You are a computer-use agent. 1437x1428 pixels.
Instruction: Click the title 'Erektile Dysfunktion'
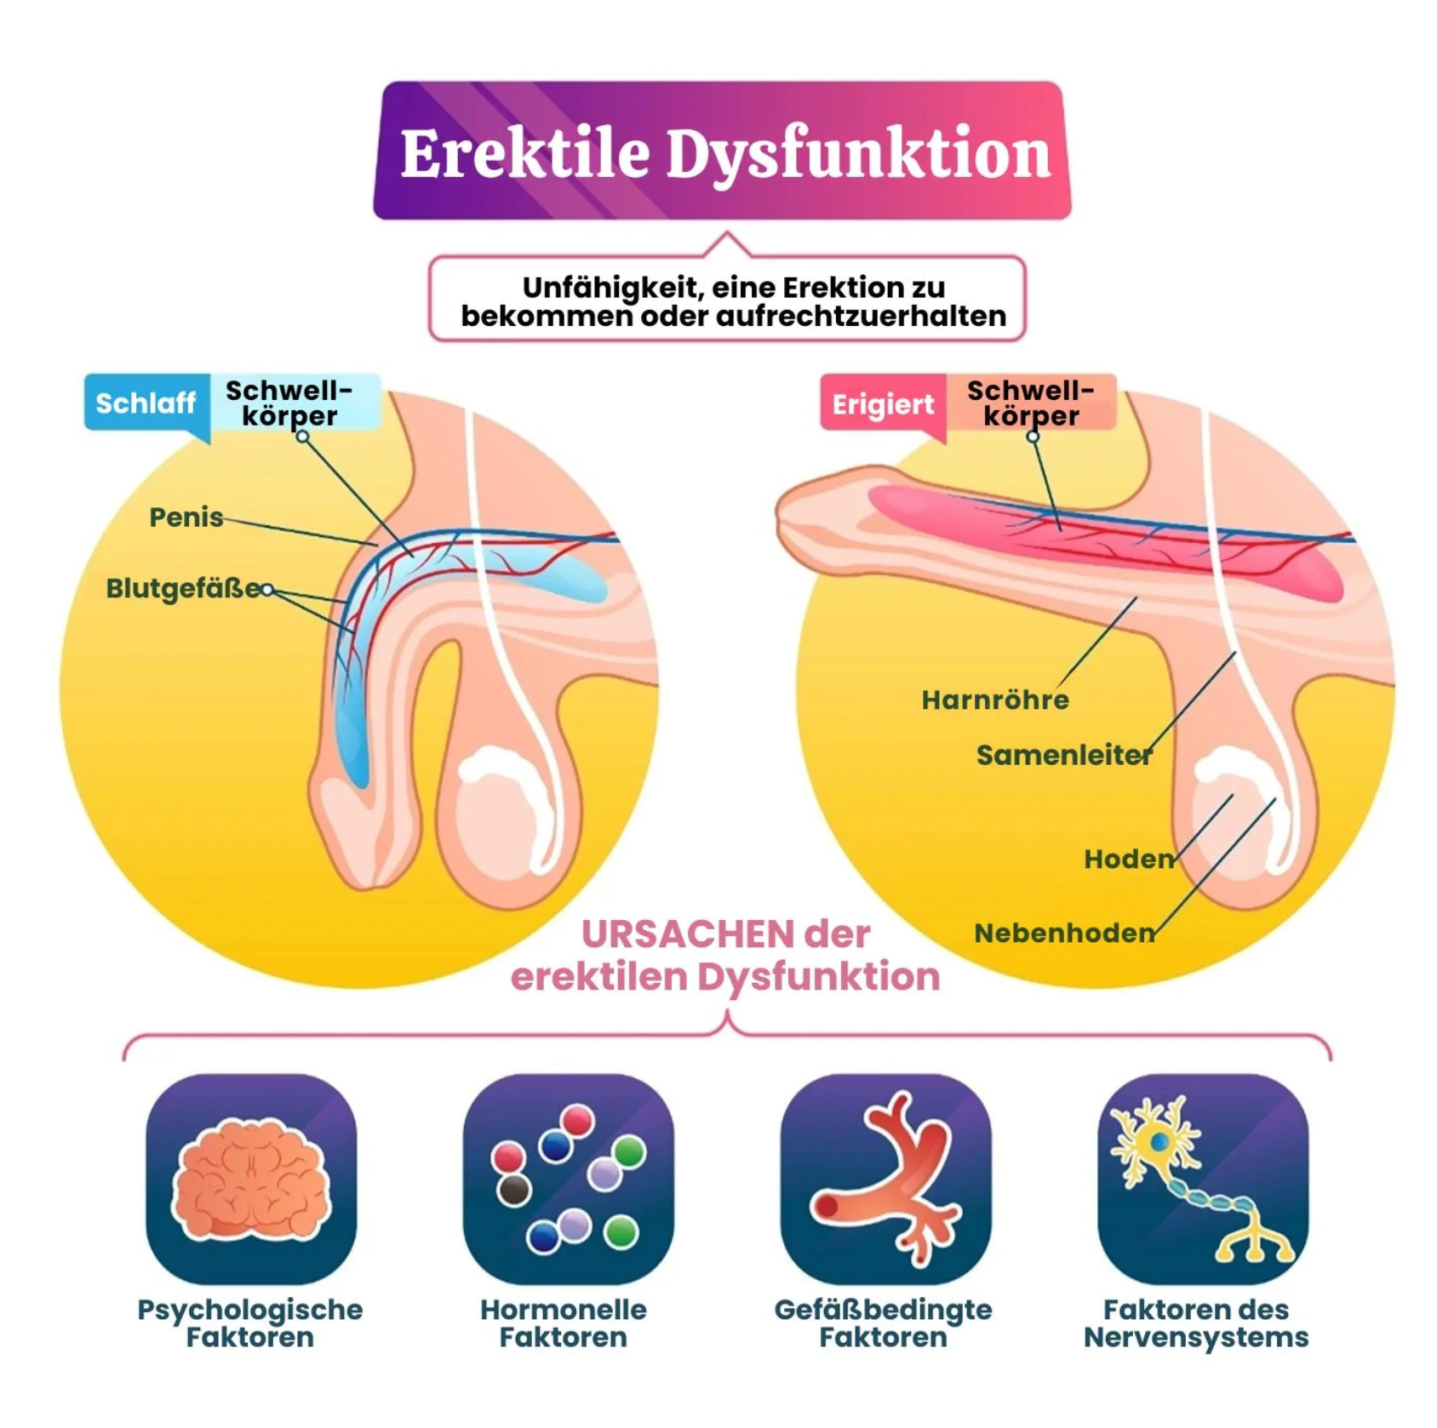[x=724, y=153]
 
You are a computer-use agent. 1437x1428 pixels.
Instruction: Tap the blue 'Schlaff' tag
[x=146, y=403]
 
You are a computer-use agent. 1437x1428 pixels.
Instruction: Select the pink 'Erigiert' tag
[x=883, y=404]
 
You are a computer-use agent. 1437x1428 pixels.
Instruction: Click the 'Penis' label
[x=186, y=517]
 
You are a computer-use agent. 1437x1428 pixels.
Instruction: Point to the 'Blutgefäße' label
[x=182, y=588]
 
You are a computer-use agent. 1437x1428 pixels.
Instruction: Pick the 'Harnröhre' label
[x=995, y=700]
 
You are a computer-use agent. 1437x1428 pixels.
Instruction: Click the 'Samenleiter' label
[x=1063, y=755]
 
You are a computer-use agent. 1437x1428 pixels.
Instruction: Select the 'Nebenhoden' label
[x=1064, y=934]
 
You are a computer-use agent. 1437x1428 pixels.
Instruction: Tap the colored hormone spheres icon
[x=568, y=1179]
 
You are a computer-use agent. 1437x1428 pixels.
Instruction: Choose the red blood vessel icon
[x=885, y=1179]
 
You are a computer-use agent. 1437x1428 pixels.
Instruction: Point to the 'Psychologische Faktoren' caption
[x=250, y=1323]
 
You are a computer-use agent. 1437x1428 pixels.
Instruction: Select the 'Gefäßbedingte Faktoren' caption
[x=884, y=1323]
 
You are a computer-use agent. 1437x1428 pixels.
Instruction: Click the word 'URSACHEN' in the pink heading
[x=676, y=934]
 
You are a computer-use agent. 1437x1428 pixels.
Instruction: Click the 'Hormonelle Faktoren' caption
[x=564, y=1323]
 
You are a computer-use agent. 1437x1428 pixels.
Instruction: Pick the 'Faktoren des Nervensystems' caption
[x=1196, y=1323]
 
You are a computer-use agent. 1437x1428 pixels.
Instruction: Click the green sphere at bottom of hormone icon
[x=621, y=1232]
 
